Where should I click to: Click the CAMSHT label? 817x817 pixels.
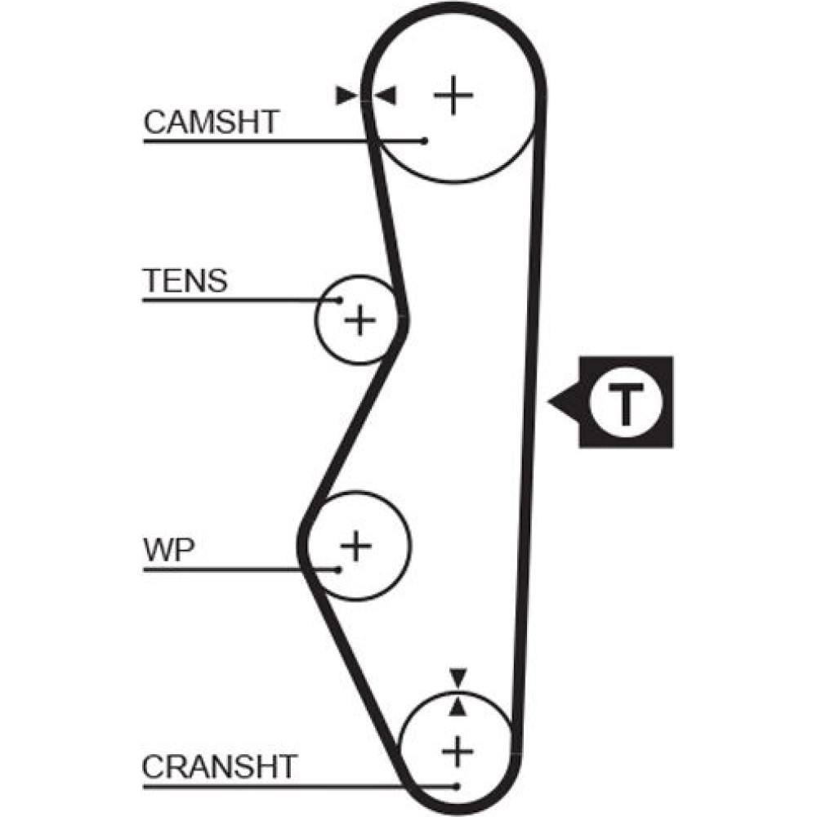tap(212, 123)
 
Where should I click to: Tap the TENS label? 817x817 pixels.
tap(185, 281)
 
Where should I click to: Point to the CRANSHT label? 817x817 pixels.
tap(218, 767)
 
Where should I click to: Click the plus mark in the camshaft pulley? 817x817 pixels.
tap(453, 96)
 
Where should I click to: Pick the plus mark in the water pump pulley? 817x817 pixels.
tap(355, 545)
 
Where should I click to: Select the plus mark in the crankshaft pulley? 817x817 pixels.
tap(458, 748)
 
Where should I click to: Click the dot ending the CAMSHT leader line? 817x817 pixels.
tap(424, 141)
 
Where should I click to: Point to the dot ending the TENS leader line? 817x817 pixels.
tap(338, 300)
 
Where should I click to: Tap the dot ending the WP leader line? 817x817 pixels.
tap(337, 569)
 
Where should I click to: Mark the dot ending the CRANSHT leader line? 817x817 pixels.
tap(458, 786)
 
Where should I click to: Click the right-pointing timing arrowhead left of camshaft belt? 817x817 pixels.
tap(348, 96)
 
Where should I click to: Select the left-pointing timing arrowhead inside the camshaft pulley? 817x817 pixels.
tap(385, 96)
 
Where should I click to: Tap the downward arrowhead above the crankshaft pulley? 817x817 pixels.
tap(458, 676)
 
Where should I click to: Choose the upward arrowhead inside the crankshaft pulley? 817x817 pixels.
tap(458, 708)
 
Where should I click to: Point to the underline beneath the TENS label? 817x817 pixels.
tap(237, 300)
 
